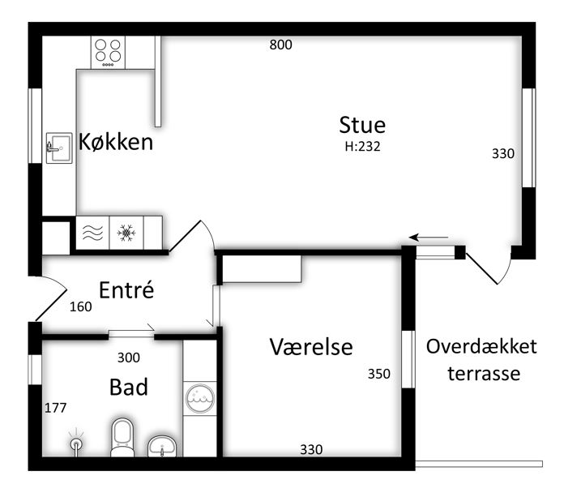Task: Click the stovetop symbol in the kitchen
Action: (x=108, y=52)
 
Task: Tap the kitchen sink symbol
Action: (x=59, y=148)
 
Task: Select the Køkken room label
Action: (x=116, y=142)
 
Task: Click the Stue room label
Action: (x=362, y=126)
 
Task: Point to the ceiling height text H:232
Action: (x=362, y=147)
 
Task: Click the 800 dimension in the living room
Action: (x=280, y=45)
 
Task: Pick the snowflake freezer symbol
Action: (x=126, y=233)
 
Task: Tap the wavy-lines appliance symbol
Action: (x=92, y=233)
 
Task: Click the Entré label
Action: (x=126, y=289)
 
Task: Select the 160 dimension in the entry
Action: (x=81, y=306)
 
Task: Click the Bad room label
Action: (x=129, y=387)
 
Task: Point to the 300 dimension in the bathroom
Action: (x=129, y=358)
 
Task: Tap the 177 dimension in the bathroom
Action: (x=56, y=408)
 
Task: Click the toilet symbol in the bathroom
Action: (x=122, y=437)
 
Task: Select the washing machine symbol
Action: (x=199, y=398)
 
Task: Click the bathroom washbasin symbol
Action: (x=162, y=446)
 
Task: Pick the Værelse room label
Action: (x=311, y=347)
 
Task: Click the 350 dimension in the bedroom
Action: (x=378, y=374)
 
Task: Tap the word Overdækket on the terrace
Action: (x=481, y=346)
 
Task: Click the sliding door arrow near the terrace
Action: (x=429, y=238)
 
